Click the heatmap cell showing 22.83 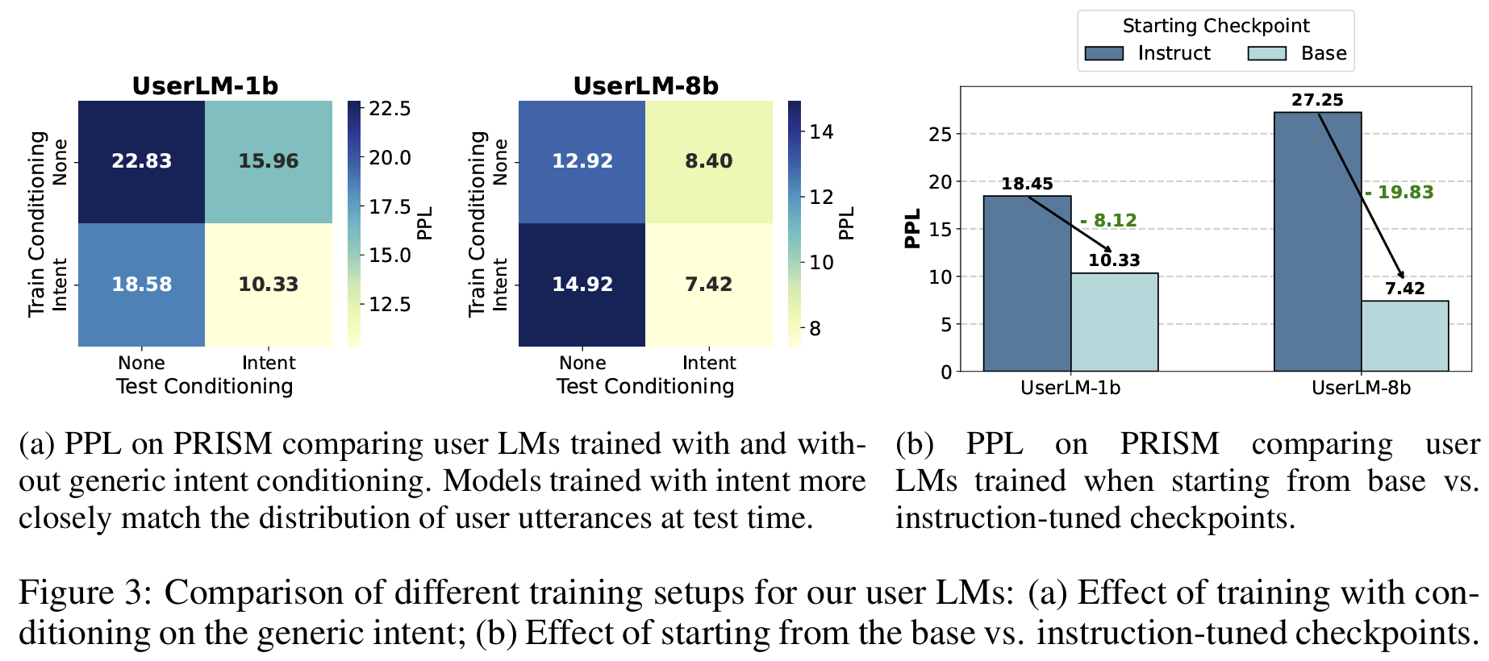click(x=141, y=161)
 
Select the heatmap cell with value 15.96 click(x=269, y=161)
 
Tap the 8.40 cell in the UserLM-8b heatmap click(x=709, y=161)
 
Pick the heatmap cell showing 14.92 click(x=582, y=285)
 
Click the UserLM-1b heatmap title click(x=205, y=86)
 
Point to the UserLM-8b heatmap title click(x=645, y=86)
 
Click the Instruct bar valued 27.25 click(x=1317, y=242)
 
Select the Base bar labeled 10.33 click(x=1114, y=322)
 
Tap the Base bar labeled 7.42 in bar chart click(x=1404, y=336)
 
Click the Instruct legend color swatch click(x=1103, y=53)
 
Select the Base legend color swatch click(x=1266, y=53)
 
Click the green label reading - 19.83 click(x=1399, y=193)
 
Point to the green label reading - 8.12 click(x=1108, y=221)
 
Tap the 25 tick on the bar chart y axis click(x=941, y=134)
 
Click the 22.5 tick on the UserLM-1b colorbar click(x=390, y=109)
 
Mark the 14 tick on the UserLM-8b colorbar click(x=821, y=132)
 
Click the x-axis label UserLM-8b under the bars click(x=1361, y=388)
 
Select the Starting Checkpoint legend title click(x=1216, y=26)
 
